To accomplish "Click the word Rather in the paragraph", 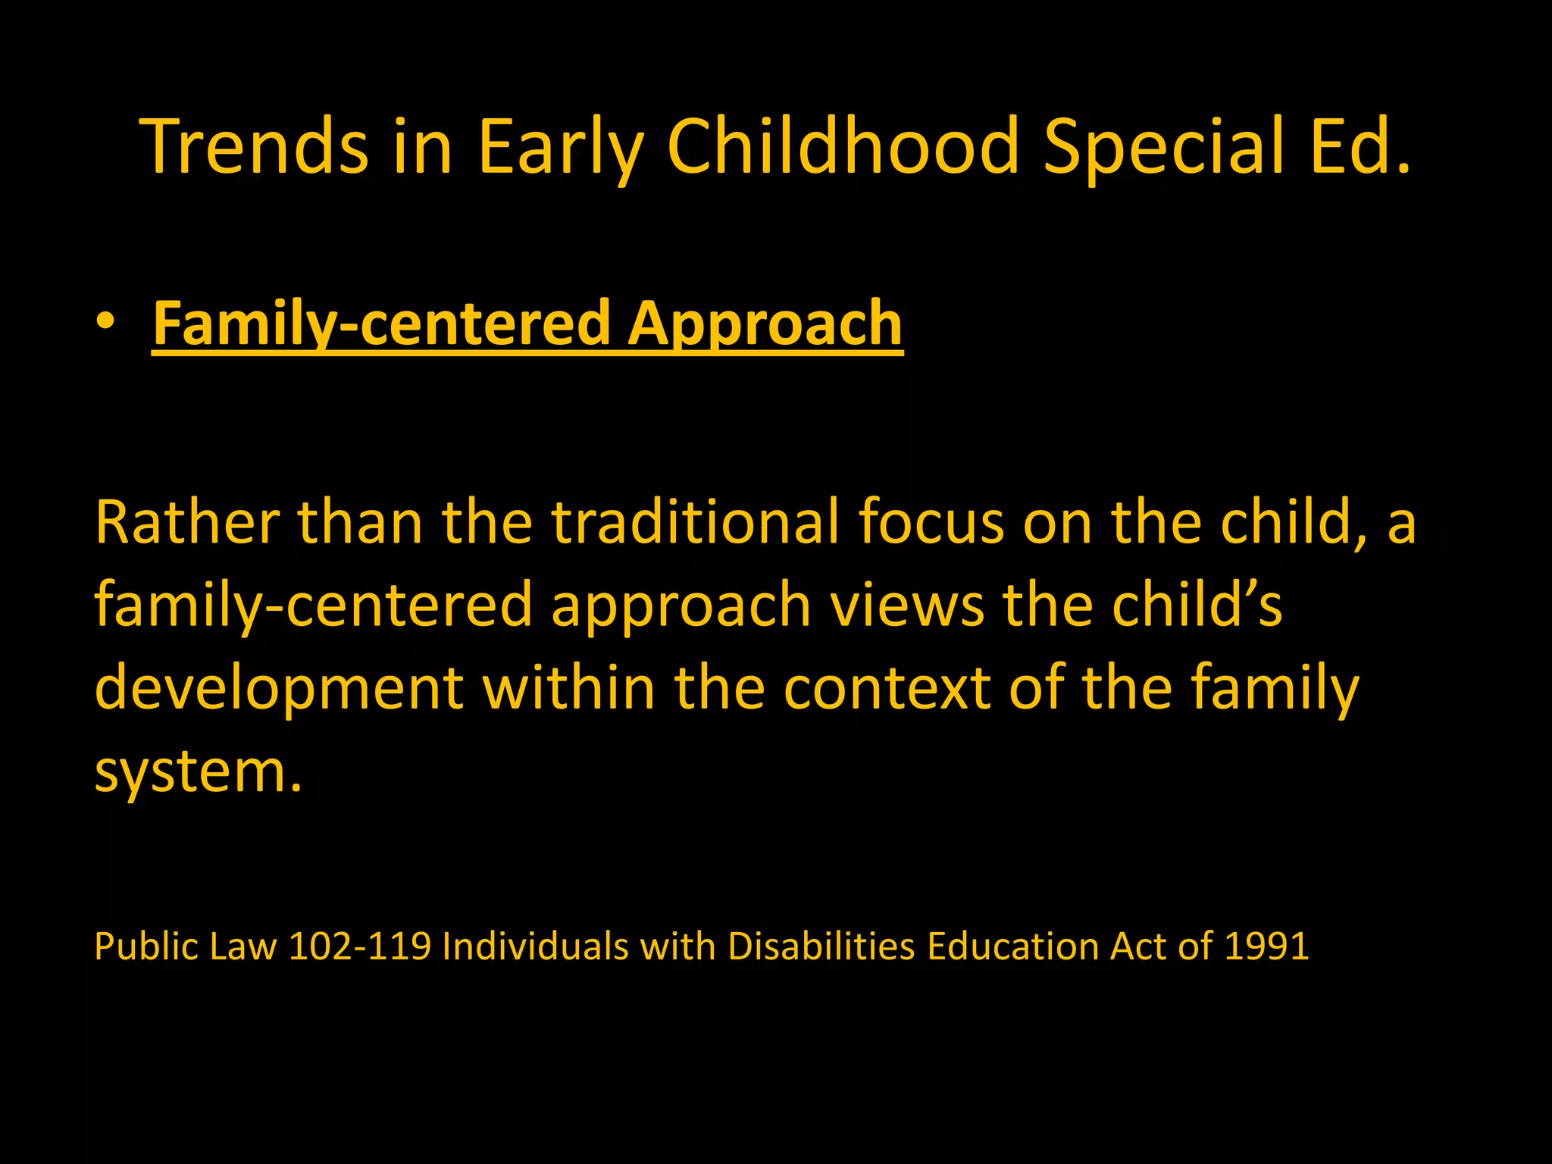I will pyautogui.click(x=186, y=522).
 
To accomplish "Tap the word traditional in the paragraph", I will pyautogui.click(x=695, y=522).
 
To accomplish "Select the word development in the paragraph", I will pyautogui.click(x=279, y=688).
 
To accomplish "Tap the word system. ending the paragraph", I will pyautogui.click(x=199, y=771).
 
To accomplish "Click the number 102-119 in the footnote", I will pyautogui.click(x=359, y=947).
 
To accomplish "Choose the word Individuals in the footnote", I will pyautogui.click(x=535, y=947).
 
